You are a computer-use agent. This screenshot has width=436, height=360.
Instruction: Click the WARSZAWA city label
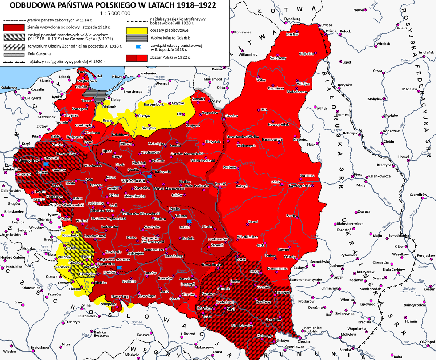134,181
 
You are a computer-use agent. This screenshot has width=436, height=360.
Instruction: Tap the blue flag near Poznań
46,164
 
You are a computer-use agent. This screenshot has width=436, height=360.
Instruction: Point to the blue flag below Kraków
119,268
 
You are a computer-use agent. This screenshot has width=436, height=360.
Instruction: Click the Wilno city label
261,80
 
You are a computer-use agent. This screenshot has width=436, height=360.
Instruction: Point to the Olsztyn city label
143,116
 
